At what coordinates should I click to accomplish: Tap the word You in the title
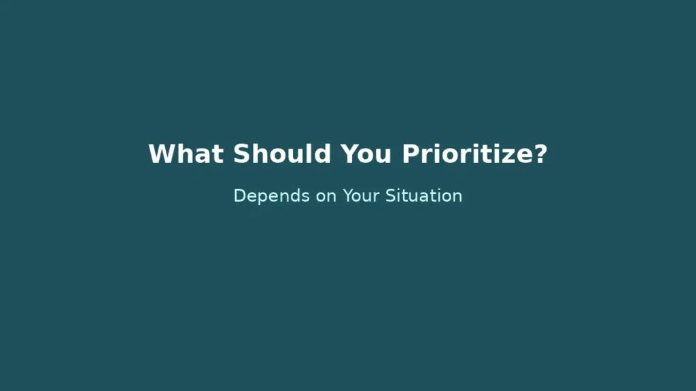pyautogui.click(x=366, y=154)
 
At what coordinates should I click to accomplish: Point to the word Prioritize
pyautogui.click(x=467, y=154)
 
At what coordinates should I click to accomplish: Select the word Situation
pyautogui.click(x=424, y=196)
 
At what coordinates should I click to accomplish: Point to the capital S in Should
pyautogui.click(x=241, y=154)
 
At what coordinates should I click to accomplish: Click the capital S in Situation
pyautogui.click(x=391, y=195)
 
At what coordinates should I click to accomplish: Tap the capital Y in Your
pyautogui.click(x=347, y=195)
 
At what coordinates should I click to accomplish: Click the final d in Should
pyautogui.click(x=323, y=154)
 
